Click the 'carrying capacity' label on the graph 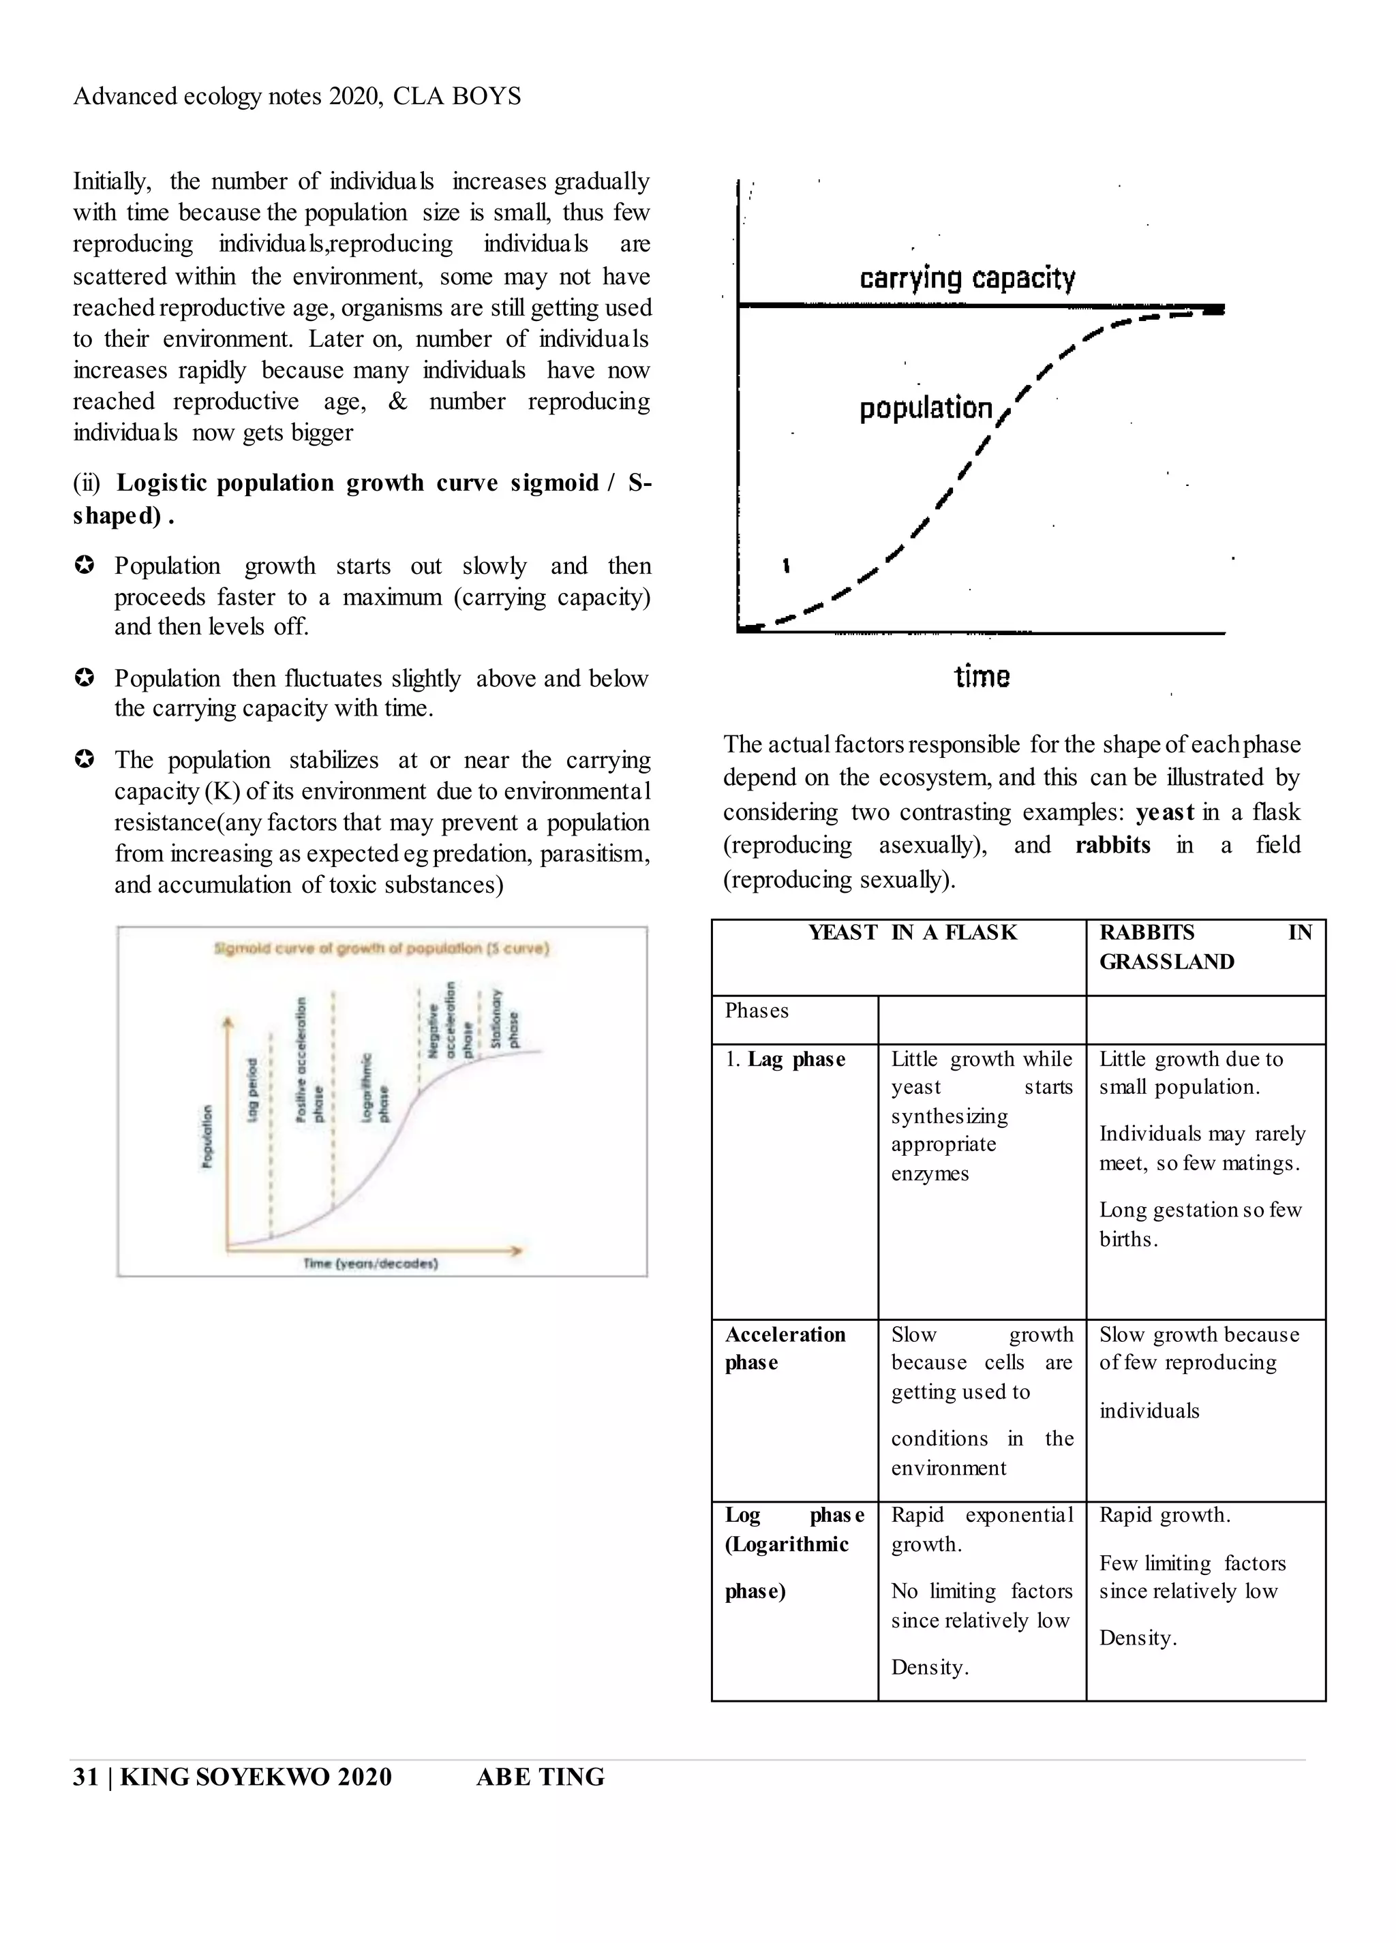967,279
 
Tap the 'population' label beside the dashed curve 926,409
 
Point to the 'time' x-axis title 982,677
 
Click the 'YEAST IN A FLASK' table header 912,933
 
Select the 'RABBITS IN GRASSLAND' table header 1205,947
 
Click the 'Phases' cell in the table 757,1011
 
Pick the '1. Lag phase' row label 785,1060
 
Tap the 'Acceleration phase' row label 785,1349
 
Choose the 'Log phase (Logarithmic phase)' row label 793,1552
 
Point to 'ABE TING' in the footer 540,1777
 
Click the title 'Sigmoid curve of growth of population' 381,949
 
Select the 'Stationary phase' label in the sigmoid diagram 504,1020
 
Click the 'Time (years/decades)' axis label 370,1264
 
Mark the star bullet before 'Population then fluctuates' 84,679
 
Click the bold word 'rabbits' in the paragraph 1112,846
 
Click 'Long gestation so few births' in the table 1200,1224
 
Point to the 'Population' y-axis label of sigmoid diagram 207,1136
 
